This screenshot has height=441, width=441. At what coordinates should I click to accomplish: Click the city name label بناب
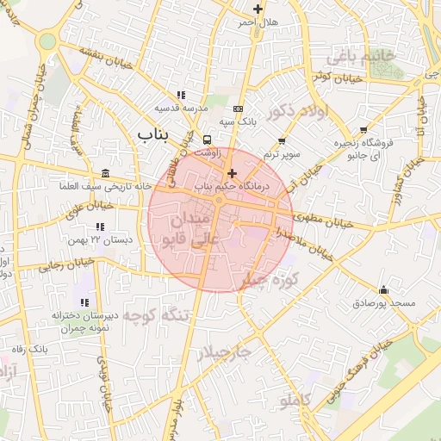[156, 134]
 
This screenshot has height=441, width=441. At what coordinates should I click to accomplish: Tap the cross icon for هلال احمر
[258, 9]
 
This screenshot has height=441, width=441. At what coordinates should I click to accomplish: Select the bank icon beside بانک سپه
[238, 109]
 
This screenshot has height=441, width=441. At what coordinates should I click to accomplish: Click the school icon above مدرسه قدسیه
[180, 95]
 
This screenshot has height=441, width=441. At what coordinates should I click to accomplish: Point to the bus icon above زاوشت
[207, 140]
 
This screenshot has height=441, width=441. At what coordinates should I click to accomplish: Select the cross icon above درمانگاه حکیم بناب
[231, 172]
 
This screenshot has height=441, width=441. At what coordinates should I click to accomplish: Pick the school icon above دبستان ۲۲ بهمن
[102, 226]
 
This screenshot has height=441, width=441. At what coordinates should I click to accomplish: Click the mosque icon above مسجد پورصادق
[383, 289]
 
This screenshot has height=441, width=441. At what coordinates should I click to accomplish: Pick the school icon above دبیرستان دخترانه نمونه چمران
[84, 302]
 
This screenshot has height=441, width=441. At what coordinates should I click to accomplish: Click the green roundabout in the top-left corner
[47, 40]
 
